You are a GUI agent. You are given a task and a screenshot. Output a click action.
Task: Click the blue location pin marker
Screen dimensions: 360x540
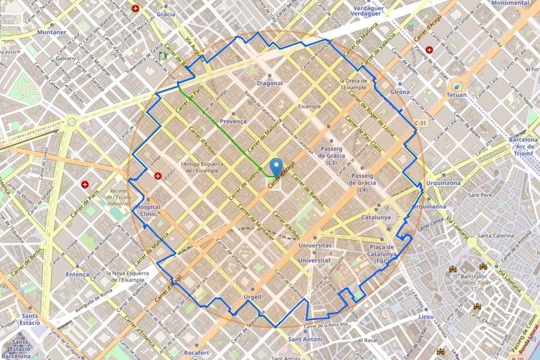point(277,166)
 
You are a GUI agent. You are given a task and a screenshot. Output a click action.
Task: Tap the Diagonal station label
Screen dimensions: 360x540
point(269,84)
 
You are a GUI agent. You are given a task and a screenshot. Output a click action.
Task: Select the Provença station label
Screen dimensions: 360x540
point(233,121)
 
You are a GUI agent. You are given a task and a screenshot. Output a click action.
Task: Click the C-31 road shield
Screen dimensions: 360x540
point(420,123)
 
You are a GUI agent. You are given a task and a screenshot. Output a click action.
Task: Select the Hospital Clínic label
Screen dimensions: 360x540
point(148,212)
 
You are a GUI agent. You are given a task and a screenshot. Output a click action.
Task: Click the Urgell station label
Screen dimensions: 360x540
point(253,296)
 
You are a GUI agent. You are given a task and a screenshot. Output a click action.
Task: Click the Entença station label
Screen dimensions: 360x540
point(77,274)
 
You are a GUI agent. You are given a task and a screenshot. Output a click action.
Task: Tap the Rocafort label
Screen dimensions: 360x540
point(194,352)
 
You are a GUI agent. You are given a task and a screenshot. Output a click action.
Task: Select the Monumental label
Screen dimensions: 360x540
point(510,3)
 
